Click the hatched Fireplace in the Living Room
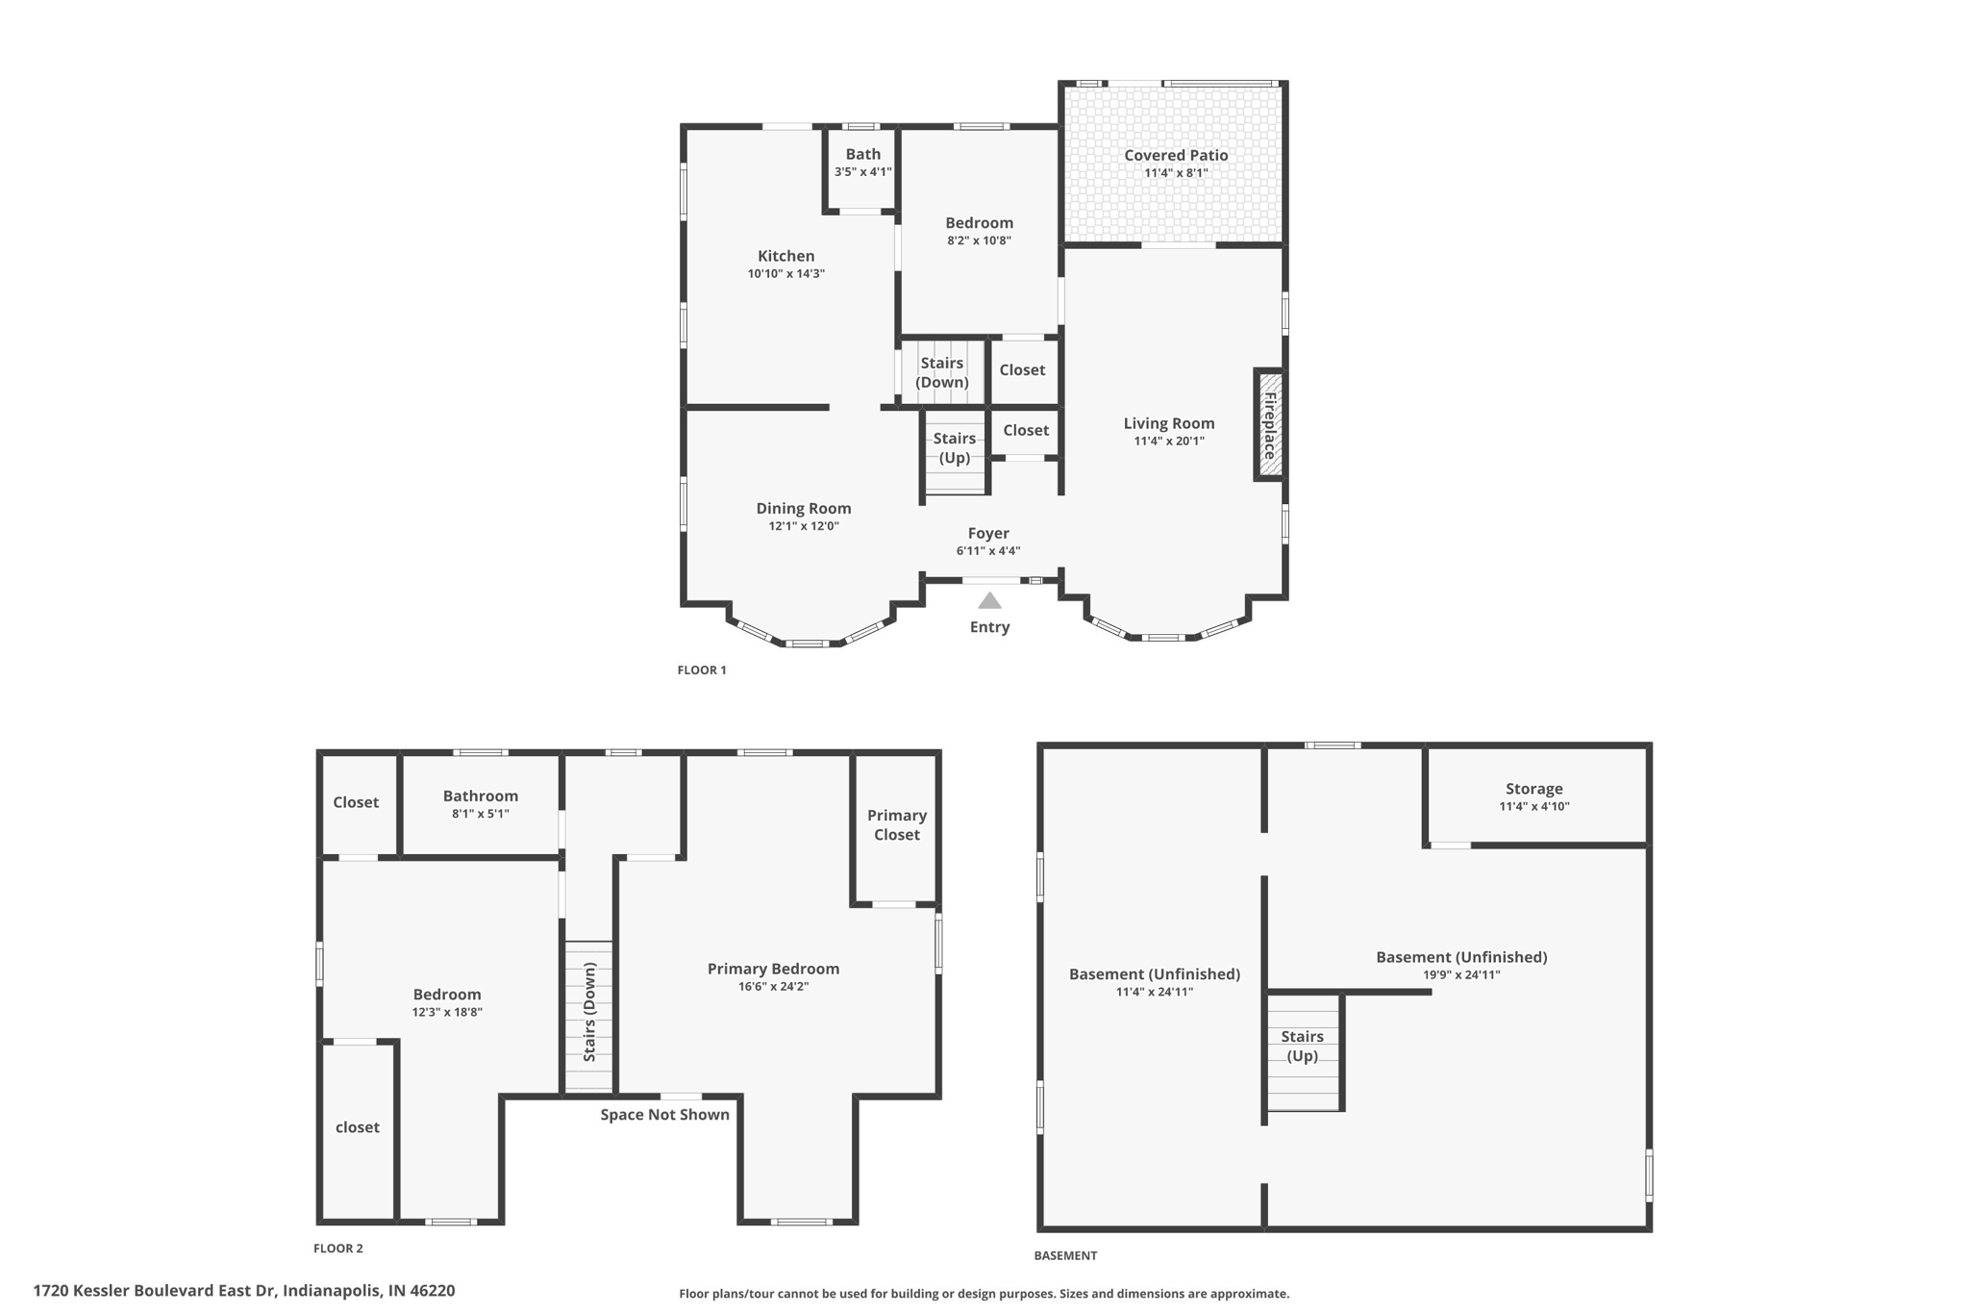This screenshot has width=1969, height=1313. (1269, 424)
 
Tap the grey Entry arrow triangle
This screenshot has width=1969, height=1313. (989, 601)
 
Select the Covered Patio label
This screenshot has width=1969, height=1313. (1176, 155)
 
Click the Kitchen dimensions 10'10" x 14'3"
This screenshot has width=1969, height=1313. (785, 274)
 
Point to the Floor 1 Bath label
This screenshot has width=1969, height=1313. (862, 154)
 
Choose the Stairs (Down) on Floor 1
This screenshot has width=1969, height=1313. (941, 372)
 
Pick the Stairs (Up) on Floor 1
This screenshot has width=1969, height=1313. (954, 448)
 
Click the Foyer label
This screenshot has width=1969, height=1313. (988, 533)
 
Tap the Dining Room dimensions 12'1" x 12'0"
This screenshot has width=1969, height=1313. (803, 526)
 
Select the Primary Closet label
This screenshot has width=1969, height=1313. (896, 824)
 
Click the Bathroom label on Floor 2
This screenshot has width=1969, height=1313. (480, 795)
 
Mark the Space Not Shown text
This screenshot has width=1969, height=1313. (664, 1115)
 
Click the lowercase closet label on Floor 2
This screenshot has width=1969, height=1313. (357, 1127)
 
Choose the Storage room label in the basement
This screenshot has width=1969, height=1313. (1533, 789)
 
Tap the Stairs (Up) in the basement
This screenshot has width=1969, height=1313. (1302, 1046)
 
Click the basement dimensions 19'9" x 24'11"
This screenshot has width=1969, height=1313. (1461, 974)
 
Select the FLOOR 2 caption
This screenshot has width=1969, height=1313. (338, 1249)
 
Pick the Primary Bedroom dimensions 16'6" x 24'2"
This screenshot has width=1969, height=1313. (773, 986)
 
